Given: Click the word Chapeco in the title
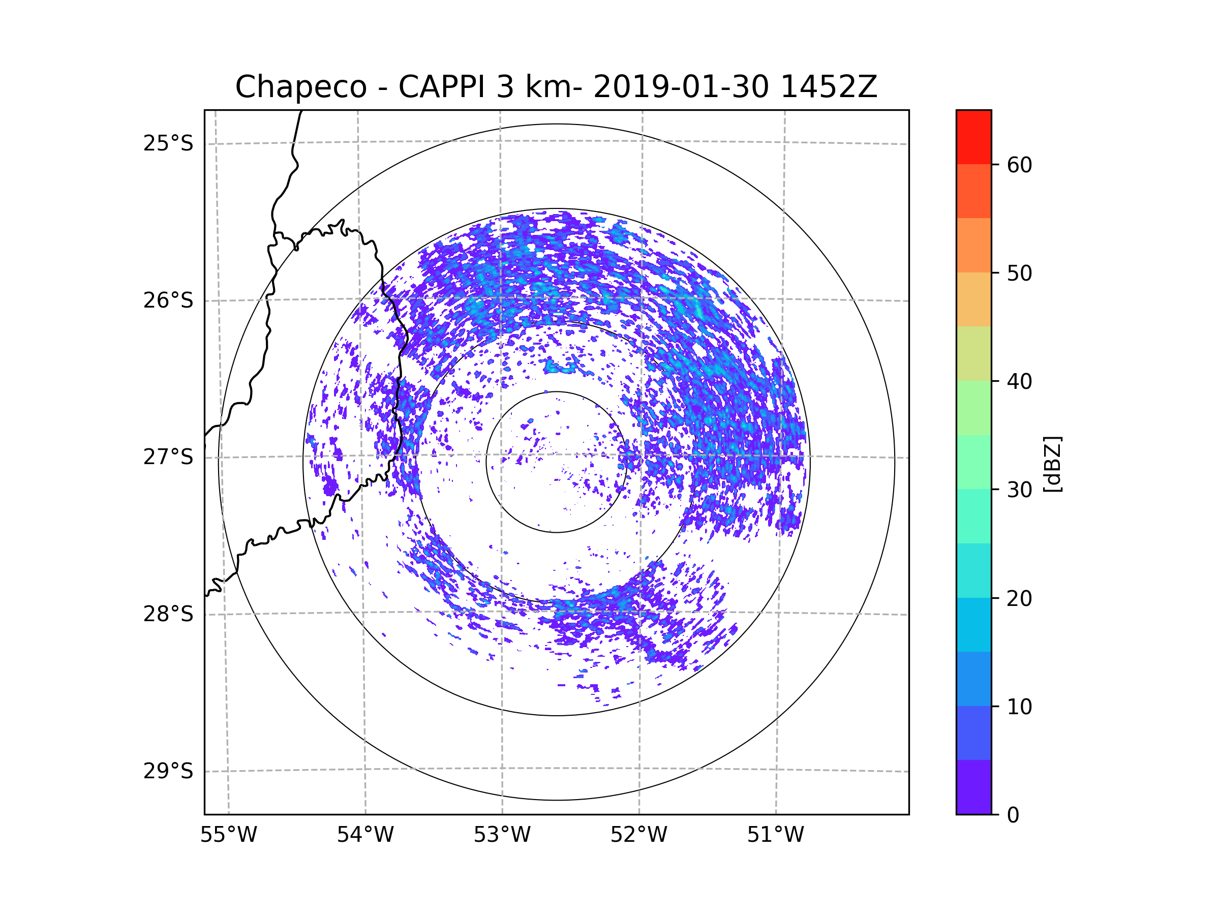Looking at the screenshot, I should point(300,87).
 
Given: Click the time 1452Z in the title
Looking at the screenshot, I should point(829,87).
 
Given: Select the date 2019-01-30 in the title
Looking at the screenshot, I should point(681,87).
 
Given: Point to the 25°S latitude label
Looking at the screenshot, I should point(168,143).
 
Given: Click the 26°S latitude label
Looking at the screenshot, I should point(168,300).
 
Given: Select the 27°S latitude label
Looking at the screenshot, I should point(168,457).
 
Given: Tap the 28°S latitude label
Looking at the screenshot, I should point(168,614).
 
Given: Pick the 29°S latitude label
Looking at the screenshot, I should point(168,771).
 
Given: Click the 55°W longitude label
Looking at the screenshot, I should point(228,835).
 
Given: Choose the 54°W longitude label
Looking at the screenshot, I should point(365,835).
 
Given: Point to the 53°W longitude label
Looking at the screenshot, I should point(502,835).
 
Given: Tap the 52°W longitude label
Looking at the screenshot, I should point(638,835).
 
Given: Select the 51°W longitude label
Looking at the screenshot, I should point(775,835).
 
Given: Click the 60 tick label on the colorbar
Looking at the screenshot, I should point(1019,165).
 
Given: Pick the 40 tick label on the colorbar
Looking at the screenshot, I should point(1019,382).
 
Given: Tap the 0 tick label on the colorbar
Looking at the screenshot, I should point(1013,815).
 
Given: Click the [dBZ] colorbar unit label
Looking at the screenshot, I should point(1052,464).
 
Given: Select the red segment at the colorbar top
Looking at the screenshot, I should point(973,137).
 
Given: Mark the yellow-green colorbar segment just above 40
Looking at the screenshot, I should point(973,353).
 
